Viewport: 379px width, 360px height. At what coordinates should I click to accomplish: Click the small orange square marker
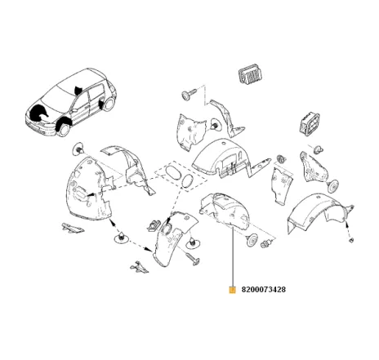[x=234, y=289]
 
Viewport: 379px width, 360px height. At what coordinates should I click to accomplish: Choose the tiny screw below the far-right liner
[x=349, y=241]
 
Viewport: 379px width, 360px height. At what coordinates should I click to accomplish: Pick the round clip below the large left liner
[x=121, y=238]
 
